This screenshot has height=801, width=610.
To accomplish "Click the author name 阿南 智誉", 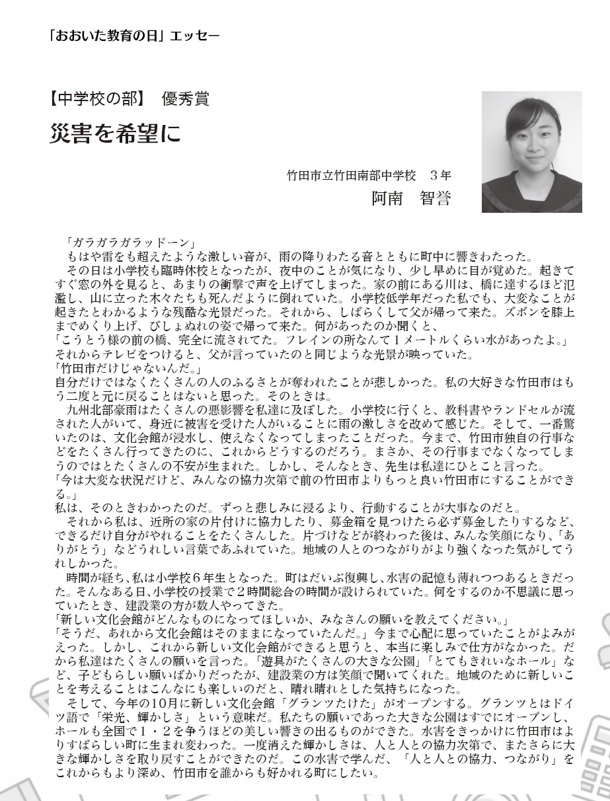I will [411, 198].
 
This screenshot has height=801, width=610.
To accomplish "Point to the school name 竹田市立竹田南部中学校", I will [351, 176].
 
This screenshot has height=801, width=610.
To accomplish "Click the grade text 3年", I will [440, 176].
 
